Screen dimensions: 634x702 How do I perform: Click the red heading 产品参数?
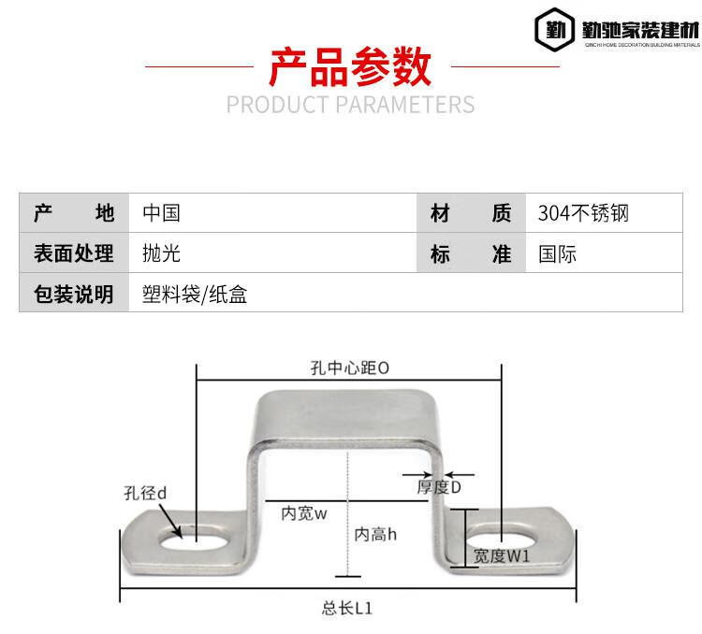[x=350, y=66]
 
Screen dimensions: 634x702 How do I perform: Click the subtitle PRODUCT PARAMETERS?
[x=350, y=104]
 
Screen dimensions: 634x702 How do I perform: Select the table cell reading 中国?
[x=161, y=213]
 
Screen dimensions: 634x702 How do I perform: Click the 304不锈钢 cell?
[x=583, y=213]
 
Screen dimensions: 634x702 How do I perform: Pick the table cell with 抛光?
[x=161, y=253]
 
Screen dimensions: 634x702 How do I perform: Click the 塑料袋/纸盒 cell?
[x=195, y=295]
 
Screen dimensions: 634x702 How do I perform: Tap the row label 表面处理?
[x=73, y=253]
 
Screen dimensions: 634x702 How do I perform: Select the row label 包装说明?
[x=73, y=295]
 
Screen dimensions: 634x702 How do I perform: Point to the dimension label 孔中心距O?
[x=349, y=368]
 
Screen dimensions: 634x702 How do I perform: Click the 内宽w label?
[x=303, y=512]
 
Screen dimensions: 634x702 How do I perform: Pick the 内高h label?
[x=375, y=534]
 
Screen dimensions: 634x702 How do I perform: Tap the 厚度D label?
[x=439, y=487]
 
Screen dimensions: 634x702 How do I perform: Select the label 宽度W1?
[x=502, y=556]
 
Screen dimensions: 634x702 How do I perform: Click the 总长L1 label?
[x=347, y=608]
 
